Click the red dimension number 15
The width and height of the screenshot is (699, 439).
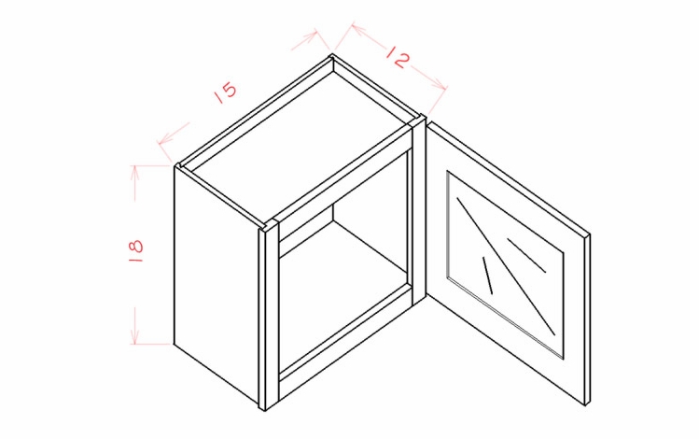[226, 92]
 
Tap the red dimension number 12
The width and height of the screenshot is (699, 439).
[398, 56]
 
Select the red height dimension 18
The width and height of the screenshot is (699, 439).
[136, 250]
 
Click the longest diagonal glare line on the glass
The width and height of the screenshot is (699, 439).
[506, 266]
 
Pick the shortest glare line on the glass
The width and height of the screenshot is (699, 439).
[487, 276]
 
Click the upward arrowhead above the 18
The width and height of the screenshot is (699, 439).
[134, 172]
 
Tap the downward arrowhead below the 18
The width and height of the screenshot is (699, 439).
[134, 336]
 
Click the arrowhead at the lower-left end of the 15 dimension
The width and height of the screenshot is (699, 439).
[165, 139]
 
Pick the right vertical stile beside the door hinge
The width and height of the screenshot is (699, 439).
[419, 209]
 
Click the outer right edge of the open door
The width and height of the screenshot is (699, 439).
[588, 319]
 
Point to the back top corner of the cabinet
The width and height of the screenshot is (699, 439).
[331, 56]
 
